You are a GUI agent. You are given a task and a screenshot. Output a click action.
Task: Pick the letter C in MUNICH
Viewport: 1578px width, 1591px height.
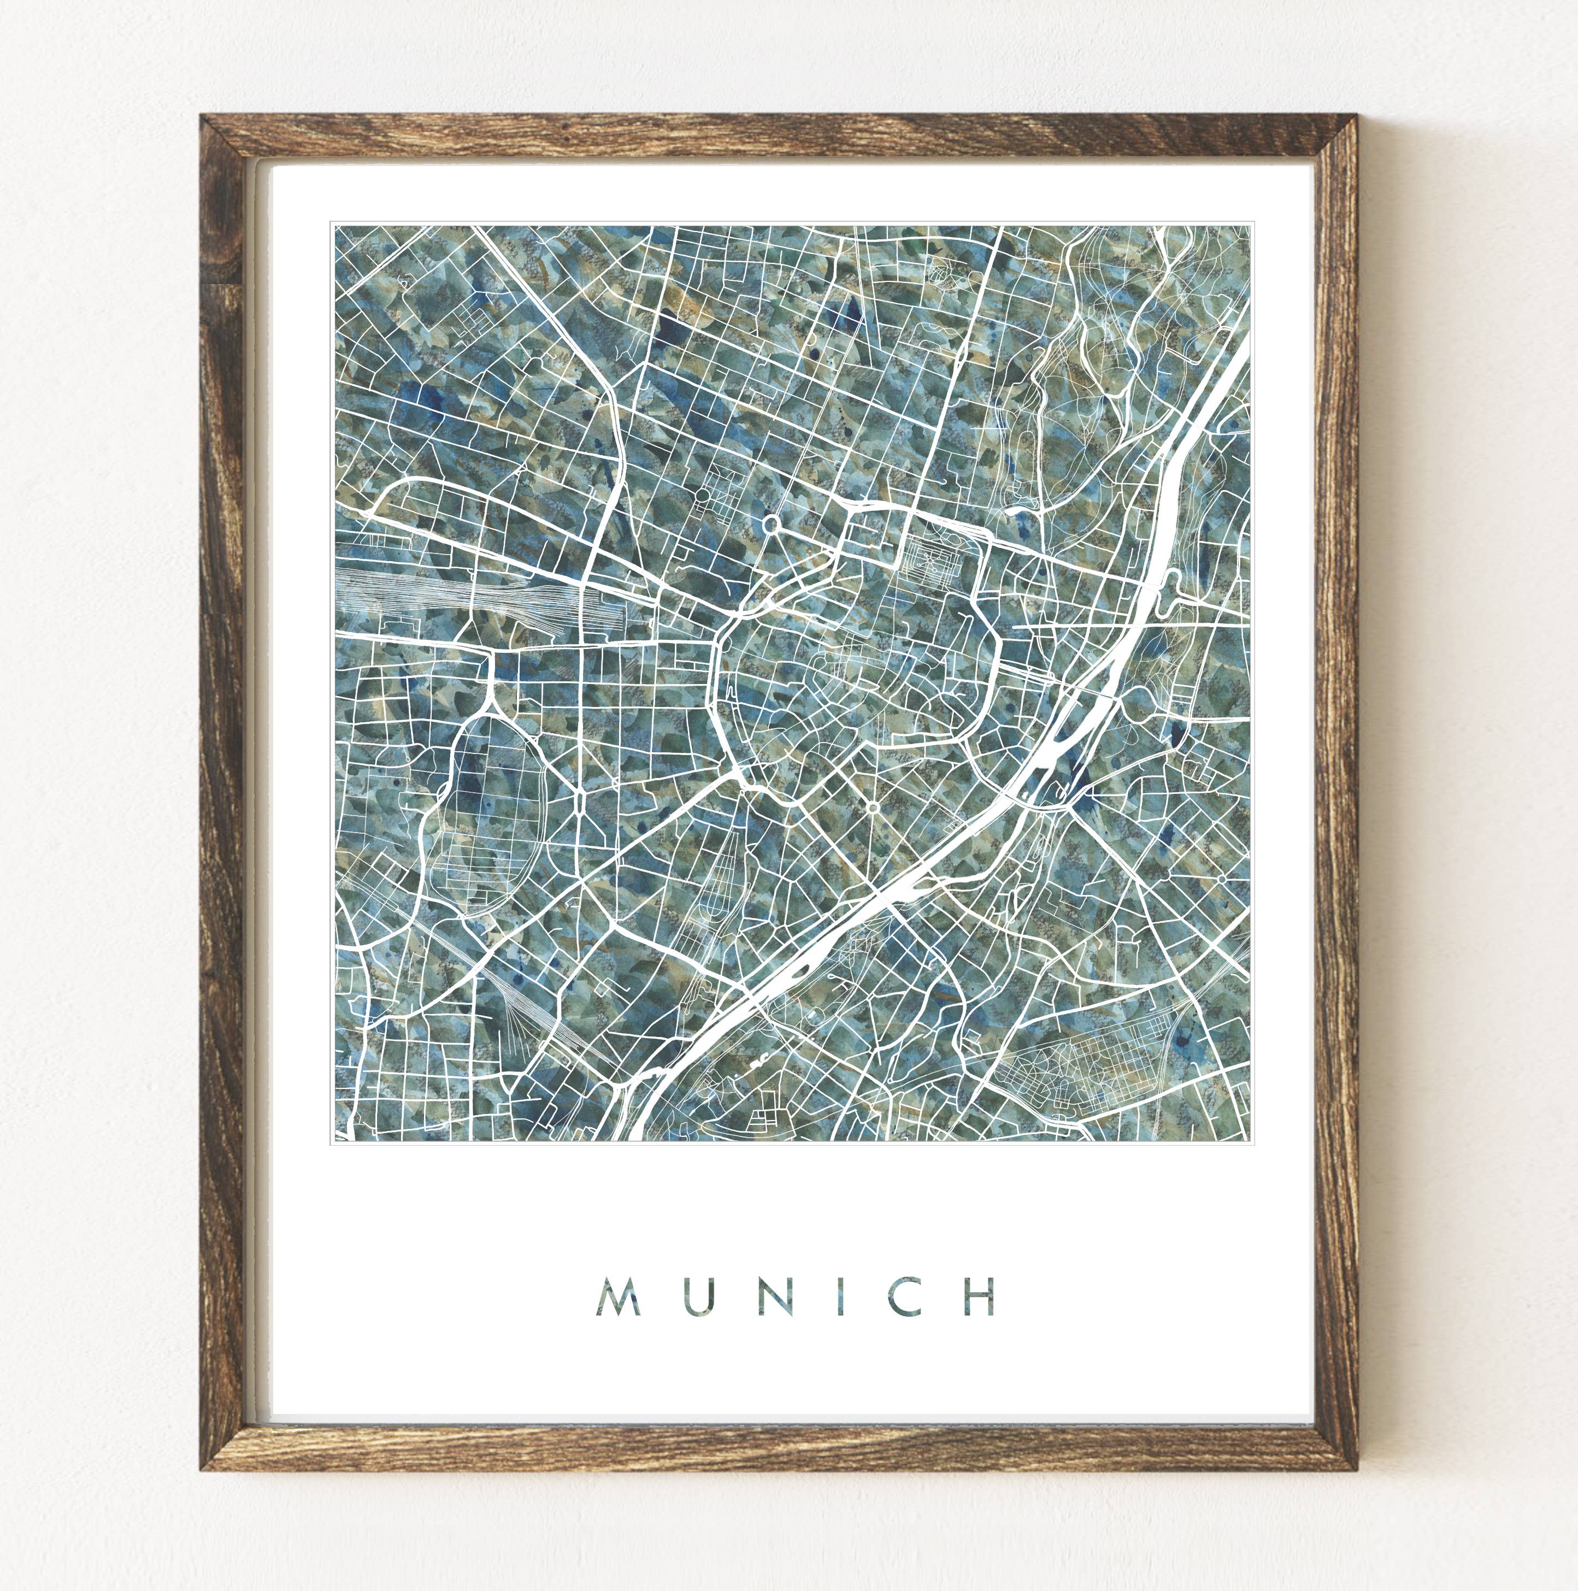tap(900, 1298)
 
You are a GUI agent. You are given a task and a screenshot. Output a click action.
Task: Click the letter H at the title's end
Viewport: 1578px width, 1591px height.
tap(980, 1298)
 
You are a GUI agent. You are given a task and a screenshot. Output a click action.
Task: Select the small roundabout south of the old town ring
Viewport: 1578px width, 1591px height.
tap(872, 807)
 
